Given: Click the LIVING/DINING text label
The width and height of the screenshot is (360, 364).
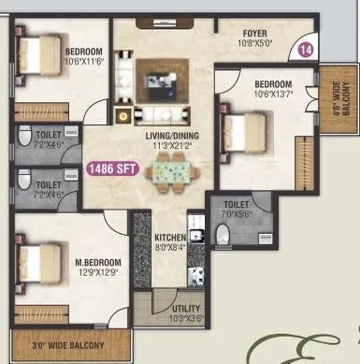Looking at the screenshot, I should pyautogui.click(x=170, y=136).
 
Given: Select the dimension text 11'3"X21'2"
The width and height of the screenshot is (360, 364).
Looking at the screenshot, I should pyautogui.click(x=170, y=146).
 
